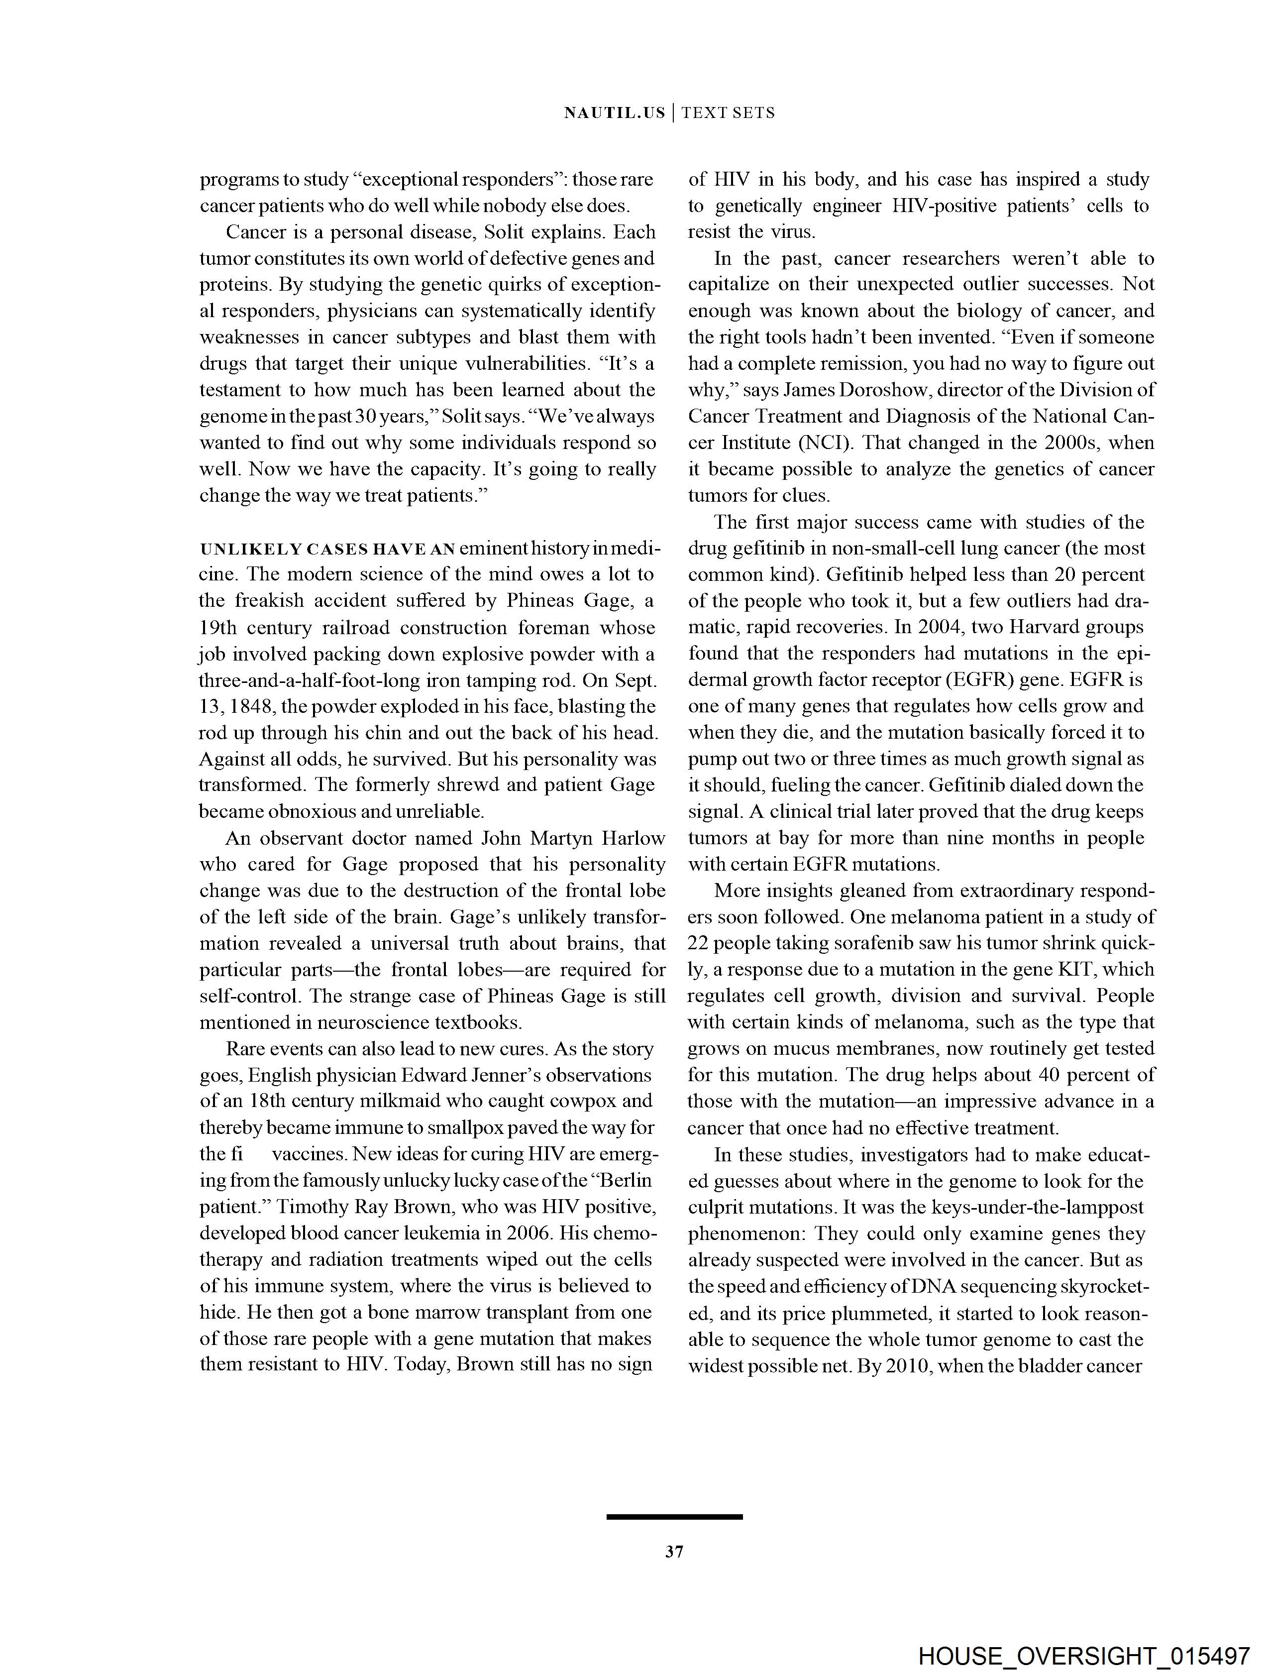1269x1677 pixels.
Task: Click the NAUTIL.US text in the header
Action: click(x=614, y=113)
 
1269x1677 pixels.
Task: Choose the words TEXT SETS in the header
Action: click(x=728, y=113)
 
